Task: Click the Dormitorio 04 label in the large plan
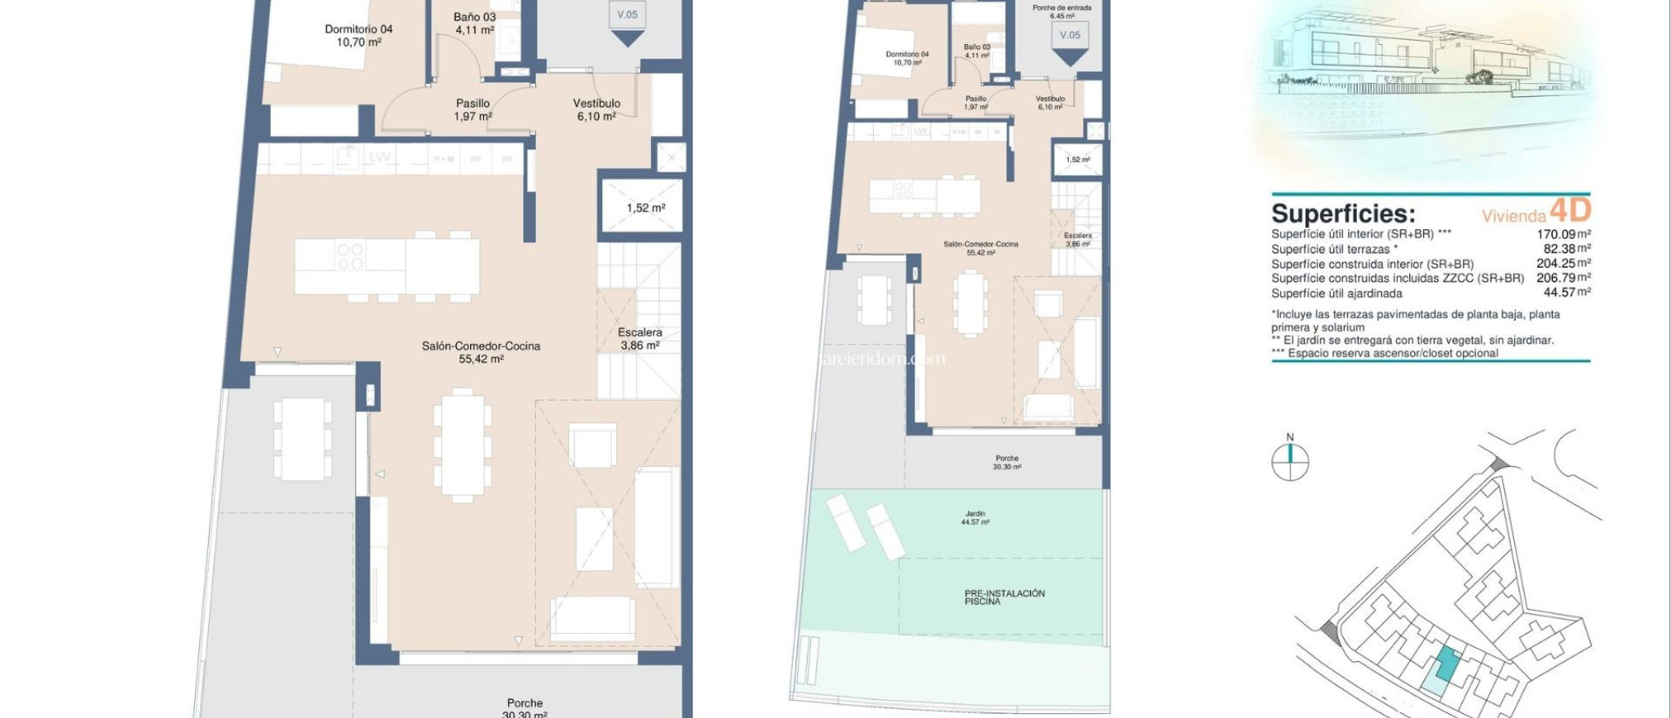click(358, 35)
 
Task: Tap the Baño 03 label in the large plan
click(474, 23)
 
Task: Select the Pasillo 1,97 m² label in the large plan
click(472, 109)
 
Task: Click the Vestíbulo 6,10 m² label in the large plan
click(596, 109)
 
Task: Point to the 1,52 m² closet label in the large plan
click(645, 208)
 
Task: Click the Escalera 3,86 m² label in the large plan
click(640, 339)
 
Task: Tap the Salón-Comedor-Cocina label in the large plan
click(481, 352)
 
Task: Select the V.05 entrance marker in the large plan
click(627, 15)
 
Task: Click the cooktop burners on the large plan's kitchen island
click(350, 256)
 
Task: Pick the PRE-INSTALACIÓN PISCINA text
click(1004, 597)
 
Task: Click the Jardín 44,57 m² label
click(975, 517)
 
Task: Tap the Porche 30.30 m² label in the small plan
click(1007, 463)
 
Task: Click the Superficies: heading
click(1343, 214)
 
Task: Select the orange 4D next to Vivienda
click(1570, 211)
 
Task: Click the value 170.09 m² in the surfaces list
click(1562, 234)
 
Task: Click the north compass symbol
click(1290, 461)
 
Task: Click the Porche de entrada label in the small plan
click(1062, 11)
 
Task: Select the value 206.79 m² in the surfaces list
click(1562, 278)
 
